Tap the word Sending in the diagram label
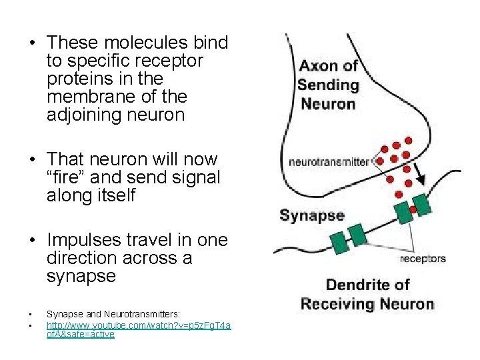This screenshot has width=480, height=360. (x=328, y=85)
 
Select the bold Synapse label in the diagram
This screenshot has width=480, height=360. (x=312, y=215)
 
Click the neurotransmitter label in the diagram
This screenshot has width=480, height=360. (x=329, y=162)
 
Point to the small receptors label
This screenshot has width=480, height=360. (x=423, y=258)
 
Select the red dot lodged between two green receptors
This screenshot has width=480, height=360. (x=413, y=209)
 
